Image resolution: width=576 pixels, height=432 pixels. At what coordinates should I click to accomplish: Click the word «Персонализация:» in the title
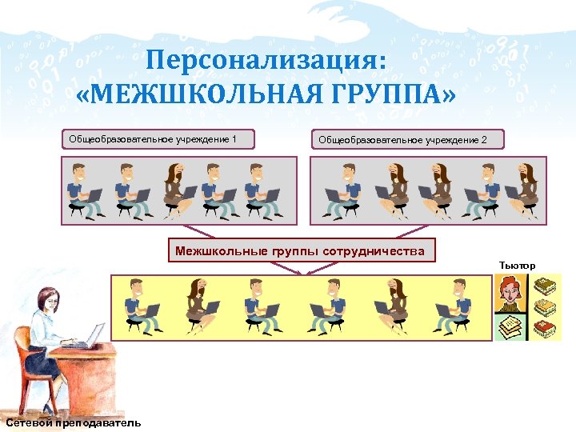(266, 59)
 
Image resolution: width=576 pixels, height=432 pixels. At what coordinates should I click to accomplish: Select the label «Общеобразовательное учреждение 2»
(407, 141)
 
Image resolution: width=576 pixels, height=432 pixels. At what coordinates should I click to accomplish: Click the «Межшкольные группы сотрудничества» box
(301, 250)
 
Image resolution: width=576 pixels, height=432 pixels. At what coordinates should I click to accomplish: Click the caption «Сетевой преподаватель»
(72, 423)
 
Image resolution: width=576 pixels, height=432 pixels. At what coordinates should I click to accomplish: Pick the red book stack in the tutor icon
(544, 327)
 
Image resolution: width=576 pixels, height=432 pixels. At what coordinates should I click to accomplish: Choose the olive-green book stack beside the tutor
(544, 286)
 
